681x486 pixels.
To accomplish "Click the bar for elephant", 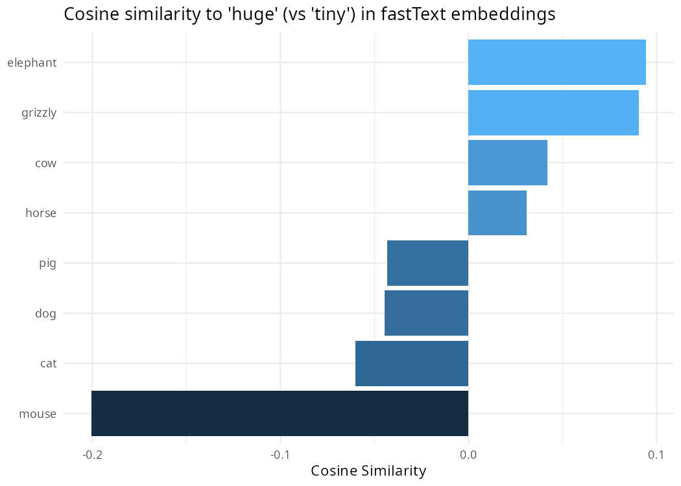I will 556,62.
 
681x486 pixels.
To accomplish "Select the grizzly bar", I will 553,113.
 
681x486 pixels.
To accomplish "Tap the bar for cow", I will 507,163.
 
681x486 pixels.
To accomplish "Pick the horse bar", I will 497,213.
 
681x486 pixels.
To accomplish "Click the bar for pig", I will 427,263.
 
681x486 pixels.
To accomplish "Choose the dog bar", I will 426,313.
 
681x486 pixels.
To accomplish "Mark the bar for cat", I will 411,364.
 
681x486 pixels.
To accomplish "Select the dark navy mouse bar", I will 280,413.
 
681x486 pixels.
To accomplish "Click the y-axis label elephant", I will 32,63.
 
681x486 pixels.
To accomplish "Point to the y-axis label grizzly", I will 39,113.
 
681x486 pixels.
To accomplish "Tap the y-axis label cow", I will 45,163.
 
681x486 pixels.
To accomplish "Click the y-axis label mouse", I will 38,414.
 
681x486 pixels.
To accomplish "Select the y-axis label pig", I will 48,264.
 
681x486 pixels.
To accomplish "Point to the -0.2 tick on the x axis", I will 92,454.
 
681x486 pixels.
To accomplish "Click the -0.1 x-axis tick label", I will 280,454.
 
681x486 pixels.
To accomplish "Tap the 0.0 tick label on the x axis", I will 468,454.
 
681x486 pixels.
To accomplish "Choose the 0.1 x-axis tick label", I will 656,454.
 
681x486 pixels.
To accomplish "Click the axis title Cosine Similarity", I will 368,471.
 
